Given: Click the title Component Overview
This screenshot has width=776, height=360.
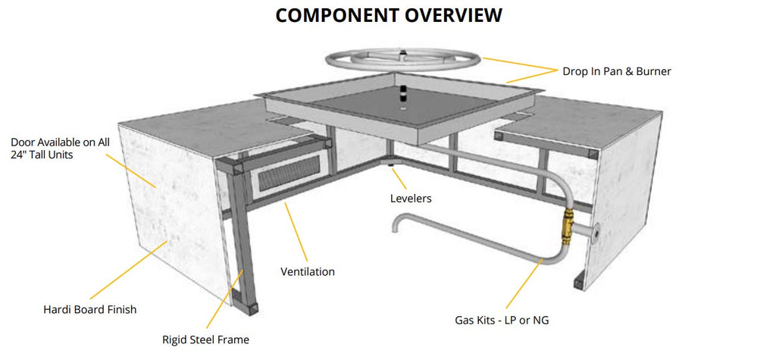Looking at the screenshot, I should click(x=388, y=14).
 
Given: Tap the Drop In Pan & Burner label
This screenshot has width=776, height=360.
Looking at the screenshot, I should click(x=616, y=71).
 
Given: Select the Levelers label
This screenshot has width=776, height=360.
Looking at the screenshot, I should click(x=410, y=198).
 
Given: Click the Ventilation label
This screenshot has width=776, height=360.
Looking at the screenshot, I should click(x=308, y=271).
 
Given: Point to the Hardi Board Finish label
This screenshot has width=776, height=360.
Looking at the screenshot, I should click(x=90, y=309).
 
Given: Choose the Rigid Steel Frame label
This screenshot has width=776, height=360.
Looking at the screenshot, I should click(x=205, y=340).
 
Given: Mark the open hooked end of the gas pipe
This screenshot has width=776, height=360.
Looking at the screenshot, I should click(x=396, y=224).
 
